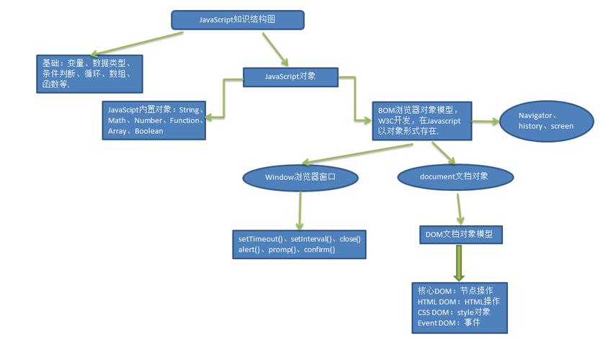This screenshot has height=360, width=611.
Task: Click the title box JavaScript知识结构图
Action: coord(237,20)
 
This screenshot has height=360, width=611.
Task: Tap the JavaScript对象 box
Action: coord(290,76)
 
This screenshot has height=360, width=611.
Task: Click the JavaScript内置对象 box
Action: coord(154,120)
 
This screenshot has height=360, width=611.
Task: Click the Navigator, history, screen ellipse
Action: coord(546,120)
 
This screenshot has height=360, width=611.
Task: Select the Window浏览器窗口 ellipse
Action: coord(300,176)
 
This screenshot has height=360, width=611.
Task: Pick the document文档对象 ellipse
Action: coord(455,176)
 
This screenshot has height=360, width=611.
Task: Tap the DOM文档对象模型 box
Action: coord(460,235)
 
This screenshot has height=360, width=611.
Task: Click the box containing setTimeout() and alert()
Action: coord(299,244)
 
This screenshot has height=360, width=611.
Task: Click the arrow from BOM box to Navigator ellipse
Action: coord(486,121)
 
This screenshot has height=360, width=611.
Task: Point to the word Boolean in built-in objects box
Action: coord(149,132)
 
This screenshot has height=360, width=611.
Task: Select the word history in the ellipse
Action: coord(532,126)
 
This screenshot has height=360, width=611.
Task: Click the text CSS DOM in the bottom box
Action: coord(434,312)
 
